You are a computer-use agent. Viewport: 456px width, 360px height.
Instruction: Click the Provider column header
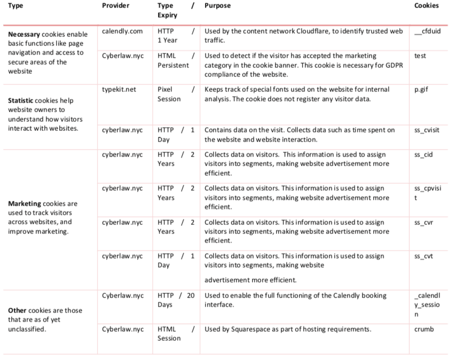(115, 6)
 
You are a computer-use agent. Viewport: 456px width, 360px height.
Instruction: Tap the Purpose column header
(217, 6)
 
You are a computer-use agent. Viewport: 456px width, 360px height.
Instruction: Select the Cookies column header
(426, 6)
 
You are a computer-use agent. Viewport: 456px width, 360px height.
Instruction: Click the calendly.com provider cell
(122, 31)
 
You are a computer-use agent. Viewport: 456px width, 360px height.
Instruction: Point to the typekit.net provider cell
(119, 89)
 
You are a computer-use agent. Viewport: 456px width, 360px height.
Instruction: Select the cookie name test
(420, 56)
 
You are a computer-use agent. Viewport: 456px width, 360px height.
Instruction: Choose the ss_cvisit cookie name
(427, 130)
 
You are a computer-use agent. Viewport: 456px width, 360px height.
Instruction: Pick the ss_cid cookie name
(423, 155)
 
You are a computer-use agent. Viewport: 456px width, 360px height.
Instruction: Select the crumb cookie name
(424, 330)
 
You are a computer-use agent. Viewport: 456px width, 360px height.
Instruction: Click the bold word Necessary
(24, 35)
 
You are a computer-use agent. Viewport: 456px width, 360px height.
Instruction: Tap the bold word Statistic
(22, 100)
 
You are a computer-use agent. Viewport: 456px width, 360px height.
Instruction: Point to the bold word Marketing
(25, 204)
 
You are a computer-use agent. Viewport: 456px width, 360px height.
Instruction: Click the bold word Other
(17, 310)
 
